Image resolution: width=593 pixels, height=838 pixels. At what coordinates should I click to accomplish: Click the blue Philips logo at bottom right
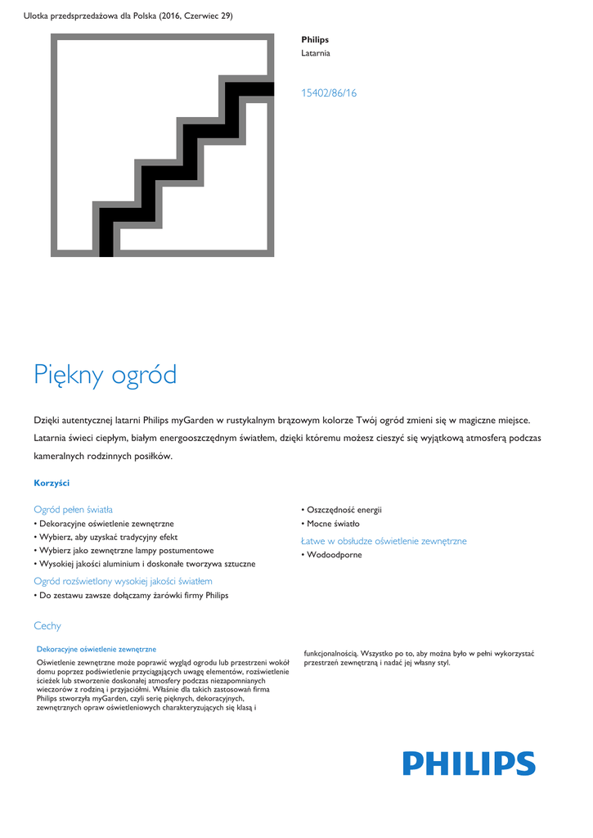coord(469,764)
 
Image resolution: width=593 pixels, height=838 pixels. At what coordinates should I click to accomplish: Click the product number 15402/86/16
coord(329,93)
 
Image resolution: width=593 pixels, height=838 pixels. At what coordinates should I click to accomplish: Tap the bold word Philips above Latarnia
coord(315,39)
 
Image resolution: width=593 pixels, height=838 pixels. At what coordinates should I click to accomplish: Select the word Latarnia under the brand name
coord(316,53)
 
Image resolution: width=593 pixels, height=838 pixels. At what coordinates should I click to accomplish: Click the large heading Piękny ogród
coord(106,375)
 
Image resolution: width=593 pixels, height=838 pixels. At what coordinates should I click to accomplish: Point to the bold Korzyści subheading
coord(52,483)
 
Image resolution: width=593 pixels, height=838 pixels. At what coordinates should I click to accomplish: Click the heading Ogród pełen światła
coord(73,509)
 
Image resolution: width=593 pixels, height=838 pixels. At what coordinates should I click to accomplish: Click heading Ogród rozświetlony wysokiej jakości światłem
coord(123,581)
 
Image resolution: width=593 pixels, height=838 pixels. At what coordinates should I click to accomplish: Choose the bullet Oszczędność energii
coord(344,510)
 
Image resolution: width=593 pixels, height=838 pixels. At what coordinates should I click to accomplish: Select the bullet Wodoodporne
coord(334,555)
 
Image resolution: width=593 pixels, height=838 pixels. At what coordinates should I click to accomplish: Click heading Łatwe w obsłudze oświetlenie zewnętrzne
coord(384,541)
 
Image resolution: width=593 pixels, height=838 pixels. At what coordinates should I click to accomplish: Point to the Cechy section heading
coord(47,626)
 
